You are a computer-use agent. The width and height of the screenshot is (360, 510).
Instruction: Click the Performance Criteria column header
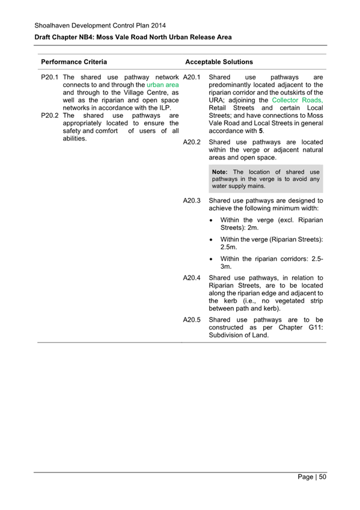pyautogui.click(x=74, y=62)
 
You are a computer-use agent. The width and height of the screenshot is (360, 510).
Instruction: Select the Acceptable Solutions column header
pyautogui.click(x=219, y=62)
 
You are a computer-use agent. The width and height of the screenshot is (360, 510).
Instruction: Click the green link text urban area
pyautogui.click(x=162, y=85)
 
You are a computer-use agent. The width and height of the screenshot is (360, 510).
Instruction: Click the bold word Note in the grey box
pyautogui.click(x=221, y=172)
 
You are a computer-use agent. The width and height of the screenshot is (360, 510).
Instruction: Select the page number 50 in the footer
pyautogui.click(x=322, y=478)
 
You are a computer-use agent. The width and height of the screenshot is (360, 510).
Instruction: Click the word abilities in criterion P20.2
pyautogui.click(x=75, y=138)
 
